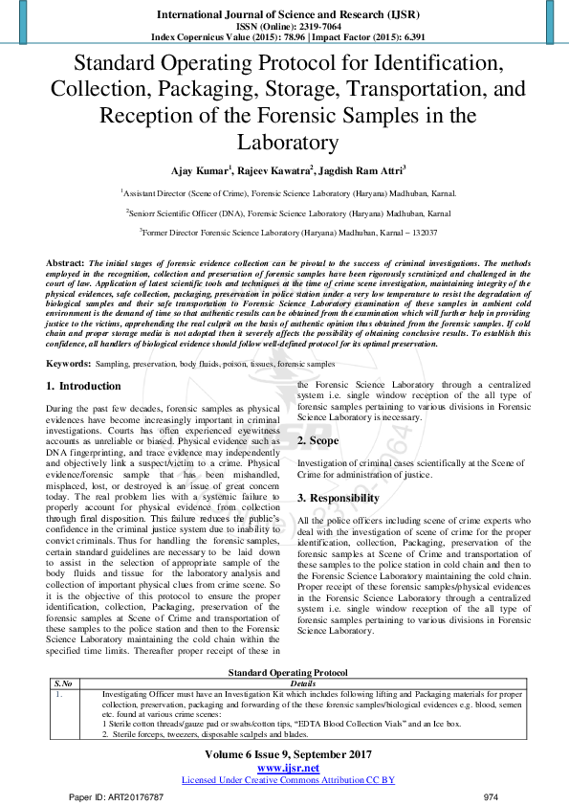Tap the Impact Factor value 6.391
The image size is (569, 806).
(x=406, y=37)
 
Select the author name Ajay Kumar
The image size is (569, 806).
(x=199, y=171)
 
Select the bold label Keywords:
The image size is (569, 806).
(x=68, y=365)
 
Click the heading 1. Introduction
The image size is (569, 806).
(x=84, y=386)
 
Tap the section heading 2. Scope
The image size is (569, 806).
(x=318, y=440)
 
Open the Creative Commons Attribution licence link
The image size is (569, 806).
(x=288, y=780)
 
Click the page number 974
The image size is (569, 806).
(x=492, y=796)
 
